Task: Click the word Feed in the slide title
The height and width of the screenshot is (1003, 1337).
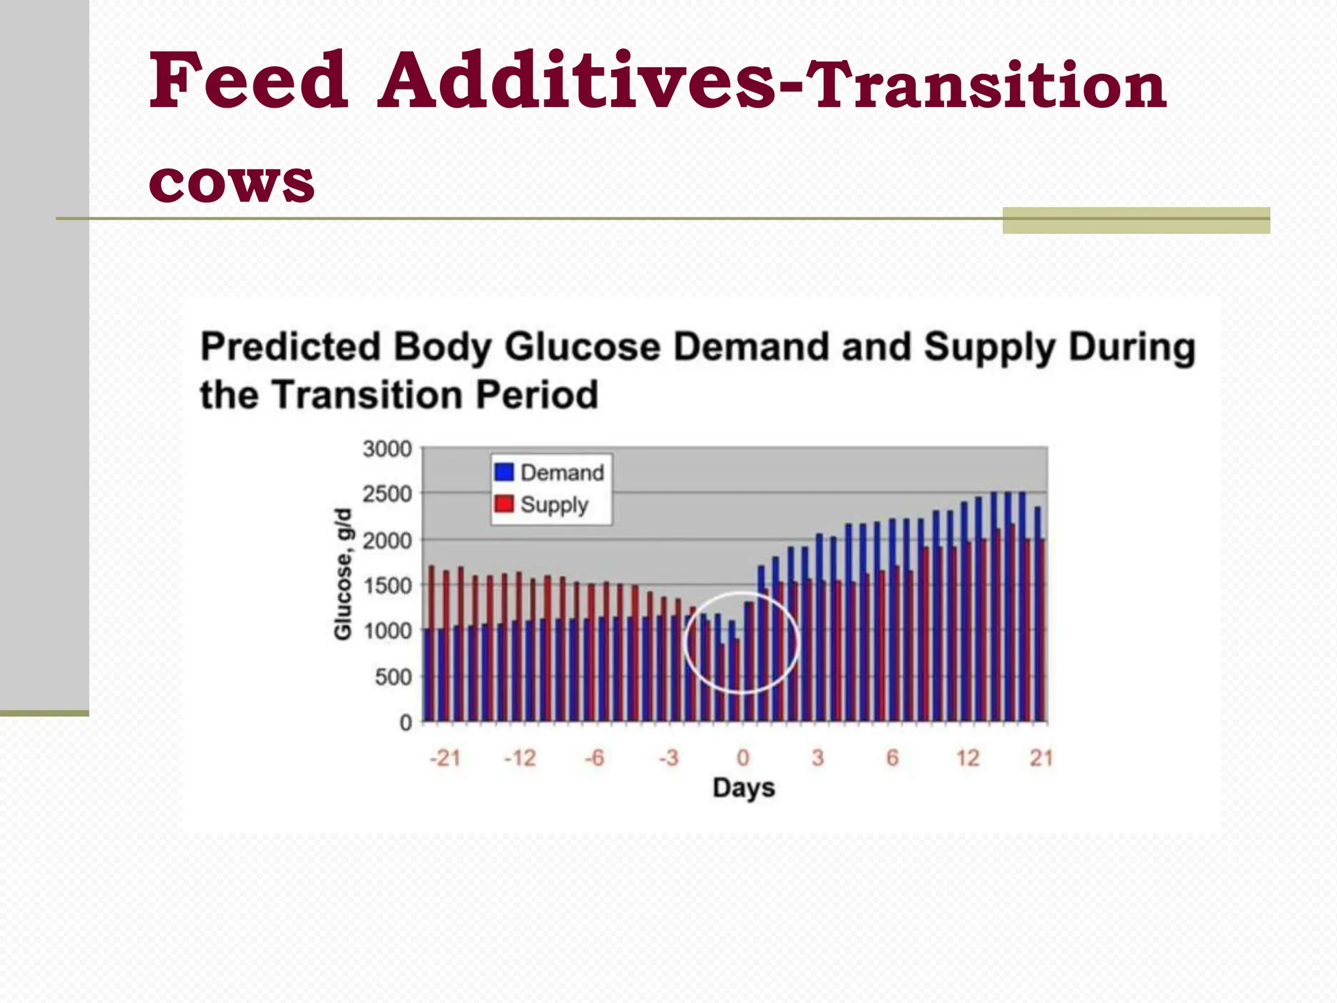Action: point(248,81)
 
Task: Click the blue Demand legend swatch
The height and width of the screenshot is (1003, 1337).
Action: point(504,472)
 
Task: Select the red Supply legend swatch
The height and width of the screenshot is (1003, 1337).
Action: point(504,503)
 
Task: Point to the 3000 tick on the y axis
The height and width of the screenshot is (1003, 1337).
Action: point(387,449)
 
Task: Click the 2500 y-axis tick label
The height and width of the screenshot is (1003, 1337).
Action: point(387,494)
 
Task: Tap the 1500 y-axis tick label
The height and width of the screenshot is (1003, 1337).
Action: point(387,586)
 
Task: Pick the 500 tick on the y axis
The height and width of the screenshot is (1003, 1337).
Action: point(393,677)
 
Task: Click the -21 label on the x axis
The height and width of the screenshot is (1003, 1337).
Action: point(445,757)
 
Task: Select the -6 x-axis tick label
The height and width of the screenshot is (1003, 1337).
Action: point(594,757)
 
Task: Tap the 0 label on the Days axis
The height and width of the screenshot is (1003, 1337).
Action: point(743,757)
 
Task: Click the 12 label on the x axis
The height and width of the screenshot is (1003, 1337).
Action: point(967,757)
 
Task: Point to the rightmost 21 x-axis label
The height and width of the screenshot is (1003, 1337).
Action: point(1041,757)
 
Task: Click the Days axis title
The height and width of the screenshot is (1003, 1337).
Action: point(744,788)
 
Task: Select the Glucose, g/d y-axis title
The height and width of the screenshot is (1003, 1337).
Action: point(343,575)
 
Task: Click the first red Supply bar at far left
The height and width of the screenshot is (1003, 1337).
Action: point(432,643)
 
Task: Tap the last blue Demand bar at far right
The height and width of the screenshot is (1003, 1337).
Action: point(1037,614)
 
